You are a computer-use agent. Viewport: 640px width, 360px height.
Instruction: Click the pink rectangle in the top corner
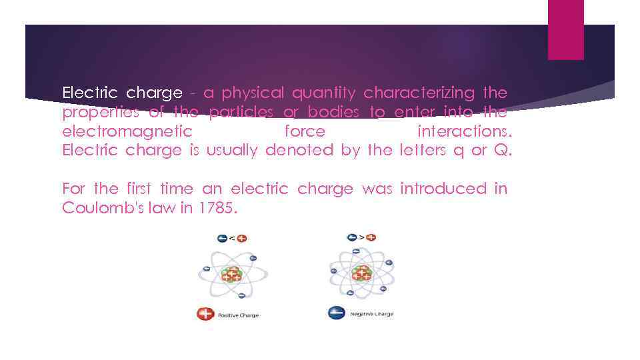click(x=565, y=29)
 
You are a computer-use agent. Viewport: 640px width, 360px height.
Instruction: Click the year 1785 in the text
click(x=217, y=208)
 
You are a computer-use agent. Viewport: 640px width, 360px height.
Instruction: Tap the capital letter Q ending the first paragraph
click(x=501, y=150)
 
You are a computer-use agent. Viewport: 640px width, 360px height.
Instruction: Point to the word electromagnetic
click(x=127, y=131)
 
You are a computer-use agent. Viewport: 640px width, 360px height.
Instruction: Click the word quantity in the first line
click(x=324, y=93)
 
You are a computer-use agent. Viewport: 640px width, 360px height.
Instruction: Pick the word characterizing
click(x=419, y=93)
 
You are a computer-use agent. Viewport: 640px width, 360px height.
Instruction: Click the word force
click(x=305, y=131)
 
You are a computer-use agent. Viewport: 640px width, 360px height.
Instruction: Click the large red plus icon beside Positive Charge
click(x=205, y=314)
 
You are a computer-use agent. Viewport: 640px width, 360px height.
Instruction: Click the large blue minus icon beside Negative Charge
click(x=337, y=313)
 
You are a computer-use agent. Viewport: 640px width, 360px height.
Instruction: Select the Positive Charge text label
click(x=239, y=315)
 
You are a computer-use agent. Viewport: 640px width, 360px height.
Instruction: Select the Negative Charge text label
click(x=371, y=313)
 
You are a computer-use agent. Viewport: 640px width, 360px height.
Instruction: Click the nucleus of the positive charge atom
click(x=232, y=274)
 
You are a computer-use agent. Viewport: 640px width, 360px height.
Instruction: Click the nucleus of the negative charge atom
click(x=362, y=272)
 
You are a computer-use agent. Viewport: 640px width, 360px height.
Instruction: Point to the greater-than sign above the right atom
click(x=361, y=237)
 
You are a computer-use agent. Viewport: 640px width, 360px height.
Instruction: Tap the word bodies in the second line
click(x=333, y=112)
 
